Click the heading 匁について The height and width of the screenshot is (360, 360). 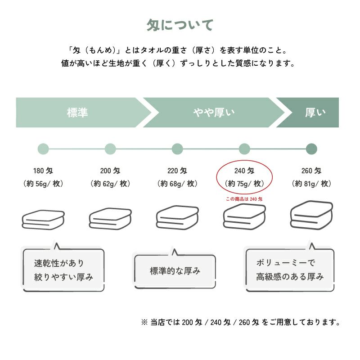coord(180,25)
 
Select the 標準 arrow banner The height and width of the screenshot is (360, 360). coord(77,112)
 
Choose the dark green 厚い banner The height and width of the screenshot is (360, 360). coord(315,112)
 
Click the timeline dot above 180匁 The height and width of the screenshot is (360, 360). coord(43,148)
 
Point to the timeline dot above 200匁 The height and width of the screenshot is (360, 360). coord(110,148)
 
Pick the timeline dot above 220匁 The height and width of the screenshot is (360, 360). coord(177,148)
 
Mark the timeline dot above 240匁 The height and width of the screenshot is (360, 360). coord(244,148)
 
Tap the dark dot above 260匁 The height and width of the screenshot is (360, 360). coord(311,148)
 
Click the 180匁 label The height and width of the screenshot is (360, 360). coord(43,171)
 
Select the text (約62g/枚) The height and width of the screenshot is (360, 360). coord(110,184)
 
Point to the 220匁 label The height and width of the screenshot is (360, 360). coord(177,171)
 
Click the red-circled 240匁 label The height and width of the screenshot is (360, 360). coord(244,171)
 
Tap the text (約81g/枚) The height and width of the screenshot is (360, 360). coord(311,184)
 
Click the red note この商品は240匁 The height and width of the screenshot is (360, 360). coord(244,198)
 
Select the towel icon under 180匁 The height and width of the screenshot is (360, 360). coord(44,219)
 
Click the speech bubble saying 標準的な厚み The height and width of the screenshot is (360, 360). coord(175,271)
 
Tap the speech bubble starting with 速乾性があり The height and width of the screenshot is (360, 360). coord(63,270)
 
